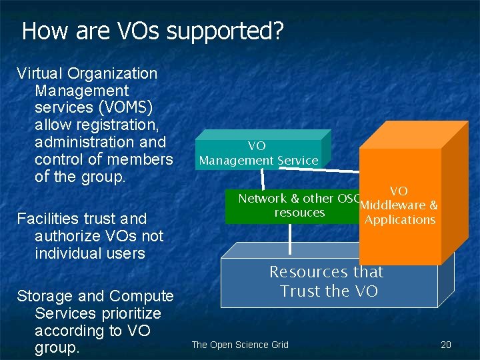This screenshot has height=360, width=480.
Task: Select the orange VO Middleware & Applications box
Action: (x=400, y=207)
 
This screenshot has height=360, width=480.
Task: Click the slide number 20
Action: (x=446, y=345)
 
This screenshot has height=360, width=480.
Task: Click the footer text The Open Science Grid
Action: (x=240, y=345)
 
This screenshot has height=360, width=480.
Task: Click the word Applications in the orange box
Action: (x=400, y=219)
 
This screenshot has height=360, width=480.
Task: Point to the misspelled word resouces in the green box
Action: (x=299, y=213)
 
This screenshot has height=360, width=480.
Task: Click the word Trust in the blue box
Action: (x=301, y=291)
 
